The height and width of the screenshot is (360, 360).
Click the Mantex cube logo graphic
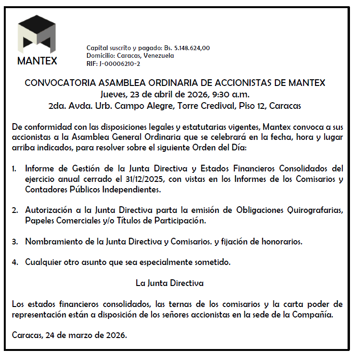[37, 36]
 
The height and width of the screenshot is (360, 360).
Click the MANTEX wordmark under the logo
[37, 61]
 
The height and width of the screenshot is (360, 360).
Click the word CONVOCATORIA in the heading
[56, 83]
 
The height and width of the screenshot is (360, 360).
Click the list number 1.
[15, 169]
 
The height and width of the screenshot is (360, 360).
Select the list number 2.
[15, 210]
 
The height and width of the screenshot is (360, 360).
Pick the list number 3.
[15, 242]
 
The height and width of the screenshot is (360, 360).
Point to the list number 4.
[15, 262]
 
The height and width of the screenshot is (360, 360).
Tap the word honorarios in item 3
[282, 242]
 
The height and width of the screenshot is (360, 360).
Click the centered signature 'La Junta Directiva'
[170, 283]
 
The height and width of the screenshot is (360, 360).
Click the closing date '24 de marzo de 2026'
[87, 335]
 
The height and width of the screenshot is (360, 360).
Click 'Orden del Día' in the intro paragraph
[221, 148]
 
